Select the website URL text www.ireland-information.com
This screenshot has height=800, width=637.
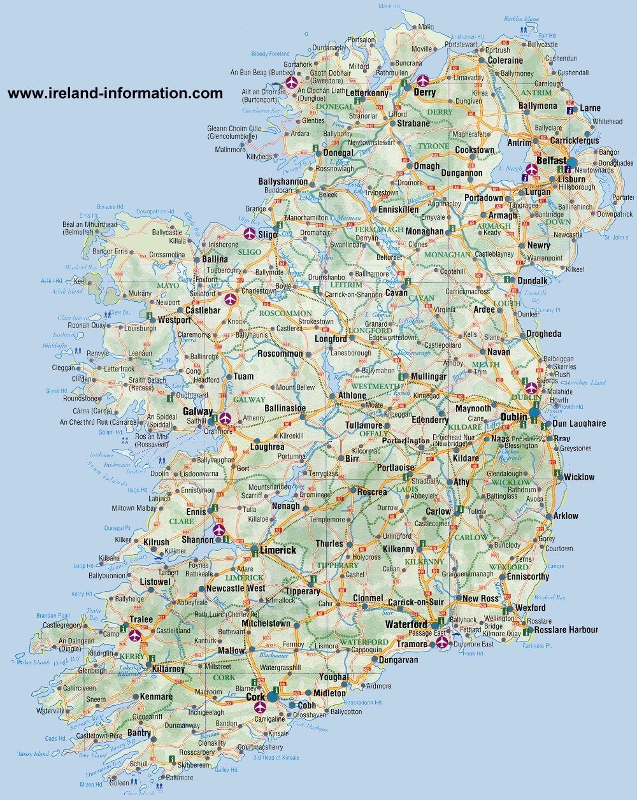coord(115,93)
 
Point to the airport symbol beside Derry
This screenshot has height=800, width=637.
coord(422,81)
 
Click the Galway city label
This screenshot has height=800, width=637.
coord(197,412)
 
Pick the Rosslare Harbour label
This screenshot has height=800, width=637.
coord(566,630)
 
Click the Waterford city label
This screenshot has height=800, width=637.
coord(406,624)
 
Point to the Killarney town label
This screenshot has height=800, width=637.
coord(168,669)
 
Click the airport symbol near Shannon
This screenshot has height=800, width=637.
coord(219,530)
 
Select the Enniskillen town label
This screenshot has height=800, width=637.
coord(398,210)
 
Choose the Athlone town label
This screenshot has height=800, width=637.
coord(352,396)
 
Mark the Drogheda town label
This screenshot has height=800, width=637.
coord(543,334)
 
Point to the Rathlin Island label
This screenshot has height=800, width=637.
coord(522,18)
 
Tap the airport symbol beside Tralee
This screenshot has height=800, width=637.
coord(135,634)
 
